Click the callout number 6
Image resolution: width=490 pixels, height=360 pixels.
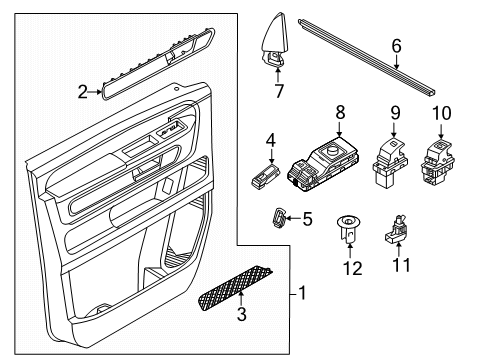pyautogui.click(x=396, y=46)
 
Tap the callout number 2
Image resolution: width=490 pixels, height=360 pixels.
pyautogui.click(x=82, y=92)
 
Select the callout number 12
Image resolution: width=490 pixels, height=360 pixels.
pyautogui.click(x=353, y=268)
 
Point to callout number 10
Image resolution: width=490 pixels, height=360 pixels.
pyautogui.click(x=442, y=113)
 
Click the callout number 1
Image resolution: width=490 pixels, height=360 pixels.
pyautogui.click(x=302, y=294)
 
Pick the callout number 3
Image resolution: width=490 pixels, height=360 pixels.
pyautogui.click(x=242, y=314)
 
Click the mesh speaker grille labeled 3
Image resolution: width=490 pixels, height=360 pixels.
pyautogui.click(x=235, y=287)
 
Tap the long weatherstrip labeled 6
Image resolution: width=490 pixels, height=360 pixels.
pyautogui.click(x=367, y=58)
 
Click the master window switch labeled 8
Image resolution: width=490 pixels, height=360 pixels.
pyautogui.click(x=323, y=164)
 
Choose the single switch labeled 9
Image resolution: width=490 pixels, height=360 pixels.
pyautogui.click(x=390, y=161)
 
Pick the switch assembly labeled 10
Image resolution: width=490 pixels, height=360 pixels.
pyautogui.click(x=437, y=162)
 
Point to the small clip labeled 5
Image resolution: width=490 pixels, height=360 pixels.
pyautogui.click(x=279, y=217)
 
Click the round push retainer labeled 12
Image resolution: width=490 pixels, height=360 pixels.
pyautogui.click(x=348, y=229)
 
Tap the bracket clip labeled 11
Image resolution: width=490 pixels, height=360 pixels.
pyautogui.click(x=396, y=229)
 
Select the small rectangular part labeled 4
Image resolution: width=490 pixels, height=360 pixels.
pyautogui.click(x=266, y=176)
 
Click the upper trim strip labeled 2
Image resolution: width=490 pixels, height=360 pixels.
pyautogui.click(x=158, y=63)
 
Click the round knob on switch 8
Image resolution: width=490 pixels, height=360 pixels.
pyautogui.click(x=332, y=150)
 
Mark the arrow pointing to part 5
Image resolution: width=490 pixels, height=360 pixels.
pyautogui.click(x=293, y=218)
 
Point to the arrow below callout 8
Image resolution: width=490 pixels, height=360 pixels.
pyautogui.click(x=339, y=129)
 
